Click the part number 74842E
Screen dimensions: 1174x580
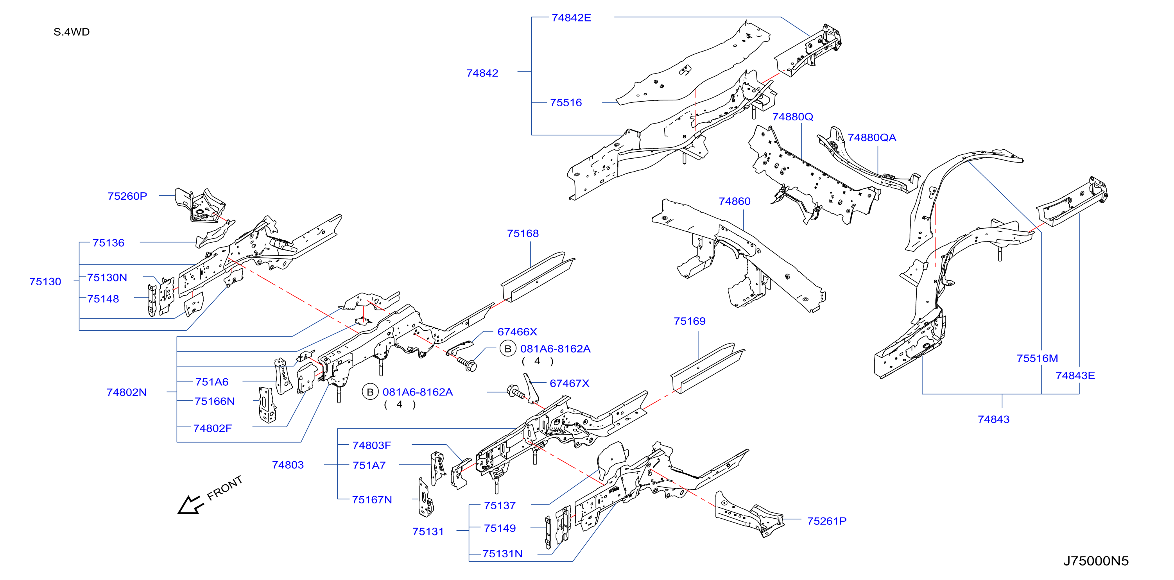[x=571, y=18]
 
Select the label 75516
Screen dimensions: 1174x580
[x=566, y=102]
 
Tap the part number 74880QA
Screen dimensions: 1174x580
[x=871, y=138]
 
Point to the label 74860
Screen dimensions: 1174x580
[x=734, y=201]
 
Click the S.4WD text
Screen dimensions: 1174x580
[x=72, y=32]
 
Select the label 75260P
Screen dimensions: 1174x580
[x=127, y=196]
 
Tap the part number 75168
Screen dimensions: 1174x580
[x=523, y=233]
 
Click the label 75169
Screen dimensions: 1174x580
[x=690, y=321]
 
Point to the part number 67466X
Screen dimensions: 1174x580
[x=517, y=332]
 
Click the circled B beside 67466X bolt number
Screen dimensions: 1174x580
[x=508, y=349]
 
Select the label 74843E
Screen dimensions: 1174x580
[x=1075, y=376]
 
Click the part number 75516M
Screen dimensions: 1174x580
[x=1037, y=358]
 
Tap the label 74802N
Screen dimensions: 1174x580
[x=127, y=392]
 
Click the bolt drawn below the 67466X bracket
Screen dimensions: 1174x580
[x=467, y=364]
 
